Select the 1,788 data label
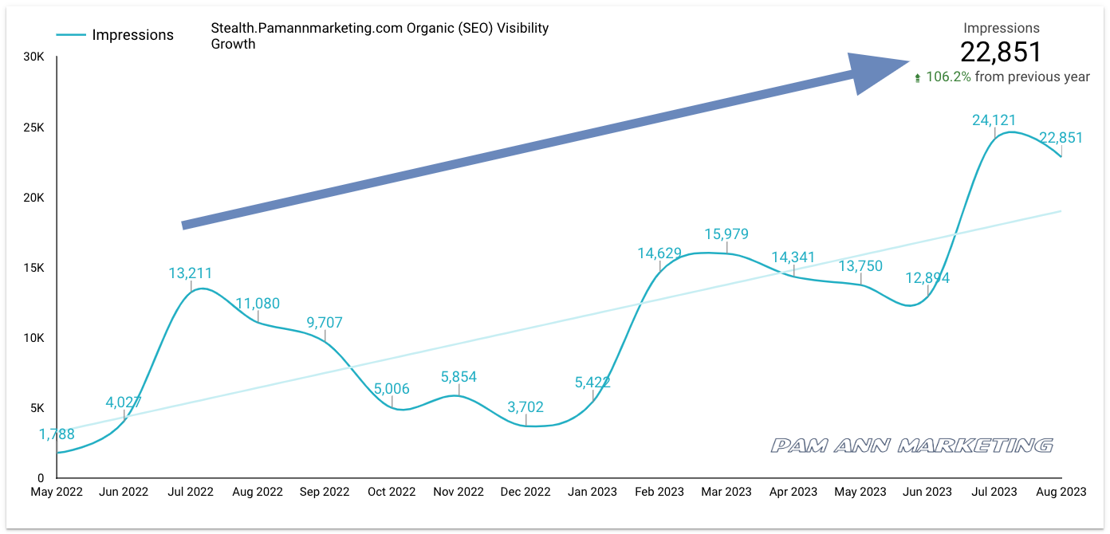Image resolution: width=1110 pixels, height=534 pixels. pyautogui.click(x=57, y=434)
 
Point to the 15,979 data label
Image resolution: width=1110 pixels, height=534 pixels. pyautogui.click(x=726, y=234)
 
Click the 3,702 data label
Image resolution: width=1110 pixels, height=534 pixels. pyautogui.click(x=525, y=407)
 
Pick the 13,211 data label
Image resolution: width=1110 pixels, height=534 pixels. pyautogui.click(x=191, y=273)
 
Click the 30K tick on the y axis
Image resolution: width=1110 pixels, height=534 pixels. pyautogui.click(x=33, y=57)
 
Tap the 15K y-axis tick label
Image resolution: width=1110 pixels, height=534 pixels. pyautogui.click(x=33, y=268)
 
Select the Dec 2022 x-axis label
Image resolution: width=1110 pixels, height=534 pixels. pyautogui.click(x=525, y=492)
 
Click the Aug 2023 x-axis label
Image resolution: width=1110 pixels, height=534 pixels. pyautogui.click(x=1060, y=492)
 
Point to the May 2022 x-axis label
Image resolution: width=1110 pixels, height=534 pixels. pyautogui.click(x=57, y=492)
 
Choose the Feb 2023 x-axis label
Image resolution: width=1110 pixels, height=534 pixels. pyautogui.click(x=659, y=492)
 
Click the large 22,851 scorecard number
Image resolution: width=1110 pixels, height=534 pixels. pyautogui.click(x=1001, y=52)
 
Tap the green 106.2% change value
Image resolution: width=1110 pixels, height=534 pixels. pyautogui.click(x=948, y=77)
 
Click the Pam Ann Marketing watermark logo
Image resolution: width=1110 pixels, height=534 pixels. pyautogui.click(x=911, y=445)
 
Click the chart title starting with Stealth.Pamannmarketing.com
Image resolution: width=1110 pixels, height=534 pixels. pyautogui.click(x=380, y=36)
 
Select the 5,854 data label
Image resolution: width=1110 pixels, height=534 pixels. pyautogui.click(x=459, y=377)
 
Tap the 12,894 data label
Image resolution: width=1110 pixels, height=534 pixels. pyautogui.click(x=927, y=278)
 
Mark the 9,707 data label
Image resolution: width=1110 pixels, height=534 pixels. pyautogui.click(x=325, y=323)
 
